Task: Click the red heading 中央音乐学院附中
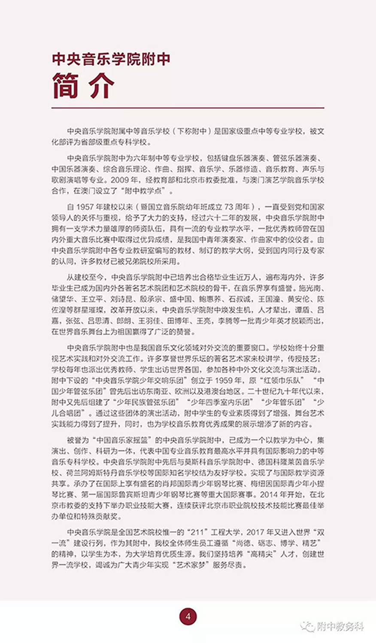[x=111, y=59]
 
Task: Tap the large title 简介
[x=83, y=87]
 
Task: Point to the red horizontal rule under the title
[x=188, y=108]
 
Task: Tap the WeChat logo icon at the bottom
[x=307, y=626]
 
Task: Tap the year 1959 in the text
[x=222, y=380]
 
